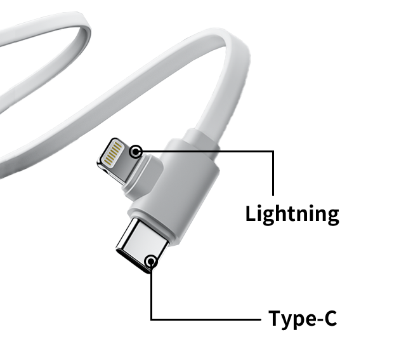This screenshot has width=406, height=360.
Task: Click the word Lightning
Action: [292, 214]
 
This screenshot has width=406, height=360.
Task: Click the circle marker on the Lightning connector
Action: [136, 152]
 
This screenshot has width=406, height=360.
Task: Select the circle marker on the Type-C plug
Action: [151, 261]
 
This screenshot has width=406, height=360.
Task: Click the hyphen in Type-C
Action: [314, 319]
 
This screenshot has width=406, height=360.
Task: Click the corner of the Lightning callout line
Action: [273, 152]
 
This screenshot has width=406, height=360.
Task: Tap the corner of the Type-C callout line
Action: [151, 318]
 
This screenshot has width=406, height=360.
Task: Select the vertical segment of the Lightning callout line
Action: [273, 175]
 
